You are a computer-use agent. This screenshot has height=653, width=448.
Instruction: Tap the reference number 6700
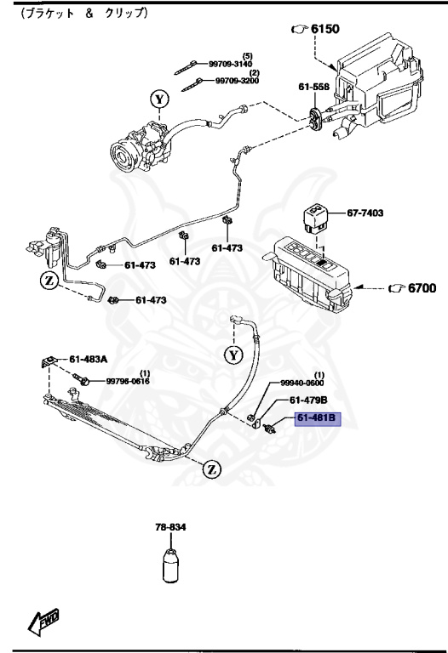click(x=416, y=289)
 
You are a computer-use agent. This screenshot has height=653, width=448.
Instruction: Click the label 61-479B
click(x=307, y=400)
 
